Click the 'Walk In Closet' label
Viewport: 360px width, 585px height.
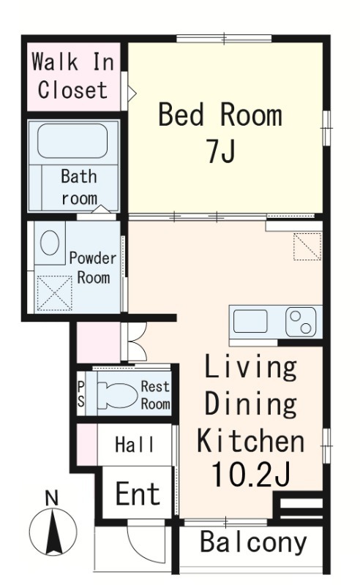click(73, 76)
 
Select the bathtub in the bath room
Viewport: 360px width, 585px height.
click(72, 141)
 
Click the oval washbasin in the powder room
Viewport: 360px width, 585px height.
click(50, 243)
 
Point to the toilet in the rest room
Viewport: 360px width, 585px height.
click(117, 396)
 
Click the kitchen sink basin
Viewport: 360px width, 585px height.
click(250, 321)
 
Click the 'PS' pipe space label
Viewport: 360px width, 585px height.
click(80, 395)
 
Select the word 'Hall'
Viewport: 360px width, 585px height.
click(135, 445)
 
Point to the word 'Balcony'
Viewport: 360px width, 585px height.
click(254, 542)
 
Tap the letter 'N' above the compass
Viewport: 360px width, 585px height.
click(51, 498)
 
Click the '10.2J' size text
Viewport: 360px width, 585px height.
click(250, 474)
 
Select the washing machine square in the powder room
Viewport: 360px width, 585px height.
click(55, 293)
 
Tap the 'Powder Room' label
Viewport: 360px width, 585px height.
click(93, 268)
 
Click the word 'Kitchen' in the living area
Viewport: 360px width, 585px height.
click(250, 442)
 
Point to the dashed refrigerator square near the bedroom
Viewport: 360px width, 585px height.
click(307, 246)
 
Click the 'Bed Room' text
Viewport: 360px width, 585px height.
click(220, 115)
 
